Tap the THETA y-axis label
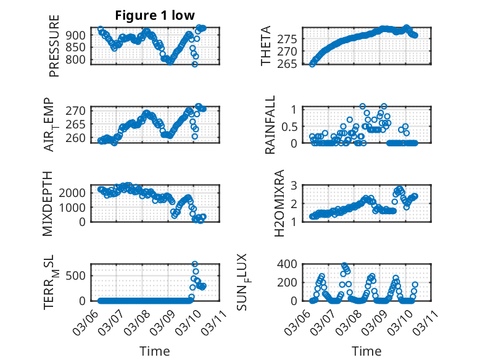click(x=266, y=46)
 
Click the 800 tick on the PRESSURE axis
click(x=78, y=60)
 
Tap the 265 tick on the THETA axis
click(x=290, y=64)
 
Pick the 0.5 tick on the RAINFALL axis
click(x=290, y=126)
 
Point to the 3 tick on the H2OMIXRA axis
click(x=295, y=185)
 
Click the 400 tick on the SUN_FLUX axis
click(x=290, y=264)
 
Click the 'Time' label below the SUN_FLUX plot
click(x=366, y=351)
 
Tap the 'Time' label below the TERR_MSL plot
click(x=154, y=351)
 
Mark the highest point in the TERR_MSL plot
click(x=195, y=264)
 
